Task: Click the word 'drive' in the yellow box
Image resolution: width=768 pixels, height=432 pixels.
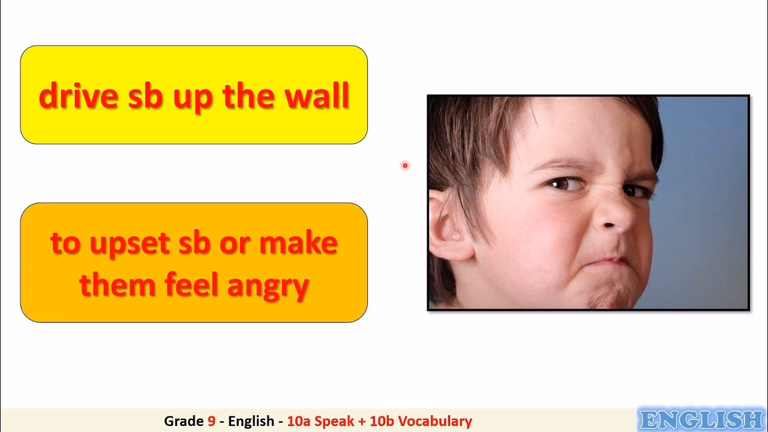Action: (79, 95)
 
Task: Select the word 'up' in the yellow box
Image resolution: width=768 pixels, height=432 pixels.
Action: (193, 100)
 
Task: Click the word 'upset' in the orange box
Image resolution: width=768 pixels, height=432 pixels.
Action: (129, 244)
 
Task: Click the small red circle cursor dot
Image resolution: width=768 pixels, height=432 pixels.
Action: (405, 166)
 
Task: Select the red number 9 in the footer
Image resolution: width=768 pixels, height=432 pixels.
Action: (212, 421)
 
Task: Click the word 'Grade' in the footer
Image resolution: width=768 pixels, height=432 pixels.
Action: (184, 421)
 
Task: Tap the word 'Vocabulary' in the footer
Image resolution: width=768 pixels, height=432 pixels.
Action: (435, 421)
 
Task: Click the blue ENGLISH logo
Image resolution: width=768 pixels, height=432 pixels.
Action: (701, 419)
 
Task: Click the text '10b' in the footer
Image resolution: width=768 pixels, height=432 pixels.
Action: (382, 421)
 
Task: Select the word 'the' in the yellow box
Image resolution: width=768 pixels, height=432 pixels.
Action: (248, 95)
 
